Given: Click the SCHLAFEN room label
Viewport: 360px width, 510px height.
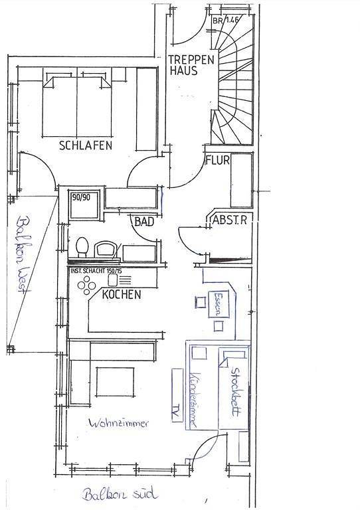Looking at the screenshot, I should [85, 145].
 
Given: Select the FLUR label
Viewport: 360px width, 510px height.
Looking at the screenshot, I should [217, 160].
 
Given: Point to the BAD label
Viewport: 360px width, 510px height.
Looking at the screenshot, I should [144, 222].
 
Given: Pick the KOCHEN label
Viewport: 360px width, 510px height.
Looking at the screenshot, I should [122, 294].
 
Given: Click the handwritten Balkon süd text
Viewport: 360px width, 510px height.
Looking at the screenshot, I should [121, 495].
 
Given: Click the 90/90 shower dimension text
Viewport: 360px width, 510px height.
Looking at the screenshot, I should [80, 197].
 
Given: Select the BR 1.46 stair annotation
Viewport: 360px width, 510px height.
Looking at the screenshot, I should [226, 21].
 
